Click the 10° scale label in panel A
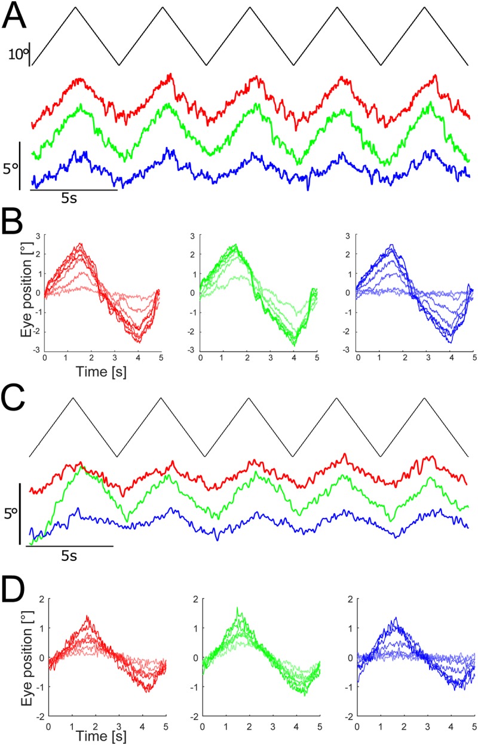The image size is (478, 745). coord(19,56)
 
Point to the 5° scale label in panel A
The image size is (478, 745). coord(10,170)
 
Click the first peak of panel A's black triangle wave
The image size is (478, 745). coord(75,8)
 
